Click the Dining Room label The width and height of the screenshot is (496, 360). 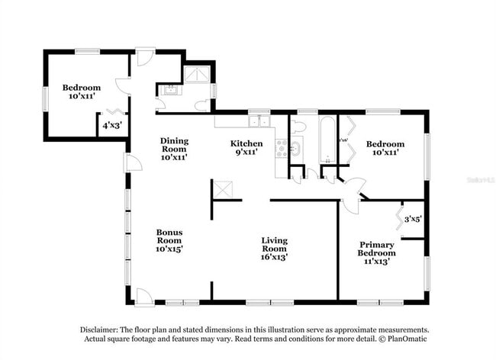(x=174, y=149)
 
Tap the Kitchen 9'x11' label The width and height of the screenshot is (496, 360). (x=246, y=148)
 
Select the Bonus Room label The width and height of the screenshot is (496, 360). (x=169, y=240)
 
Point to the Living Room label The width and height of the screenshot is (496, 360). (x=274, y=249)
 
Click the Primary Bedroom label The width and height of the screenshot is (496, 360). (x=378, y=252)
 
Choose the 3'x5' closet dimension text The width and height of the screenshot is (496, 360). (x=413, y=219)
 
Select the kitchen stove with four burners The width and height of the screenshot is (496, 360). (x=282, y=148)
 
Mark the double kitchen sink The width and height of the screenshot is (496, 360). (x=259, y=121)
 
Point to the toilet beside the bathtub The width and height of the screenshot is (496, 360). (x=298, y=126)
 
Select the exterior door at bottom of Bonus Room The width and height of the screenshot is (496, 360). (x=144, y=296)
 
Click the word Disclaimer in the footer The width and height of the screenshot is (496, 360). (x=103, y=329)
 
